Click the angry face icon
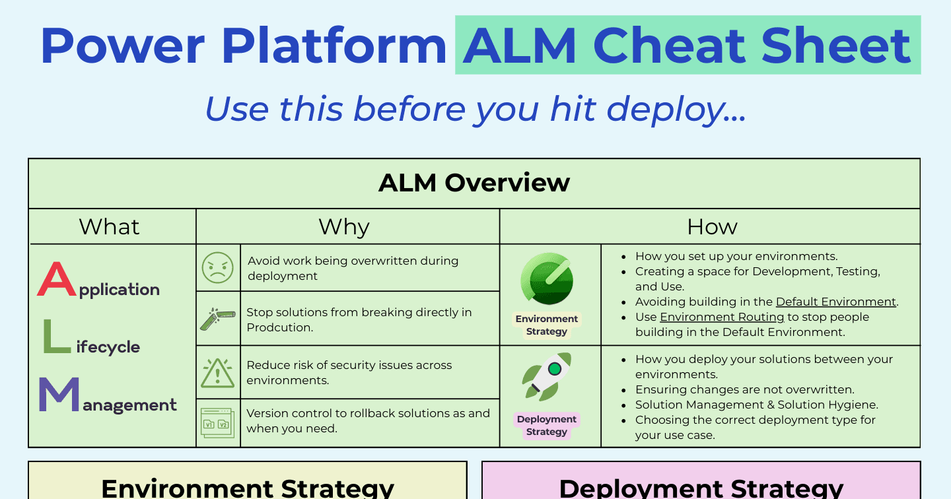(218, 268)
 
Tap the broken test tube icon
(218, 319)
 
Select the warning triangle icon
(217, 372)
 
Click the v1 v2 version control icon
(217, 422)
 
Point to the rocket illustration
(547, 377)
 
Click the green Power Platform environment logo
(547, 279)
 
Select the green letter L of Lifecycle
(57, 337)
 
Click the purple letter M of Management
(59, 394)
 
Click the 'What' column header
(109, 226)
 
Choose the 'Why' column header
(344, 227)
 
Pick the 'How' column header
(712, 226)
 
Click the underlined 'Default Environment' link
(836, 302)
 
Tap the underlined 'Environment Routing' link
(722, 317)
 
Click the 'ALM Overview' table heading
(474, 182)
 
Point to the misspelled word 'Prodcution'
(279, 327)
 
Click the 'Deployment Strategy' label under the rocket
(547, 425)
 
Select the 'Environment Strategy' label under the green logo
(547, 325)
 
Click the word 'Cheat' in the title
(669, 46)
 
